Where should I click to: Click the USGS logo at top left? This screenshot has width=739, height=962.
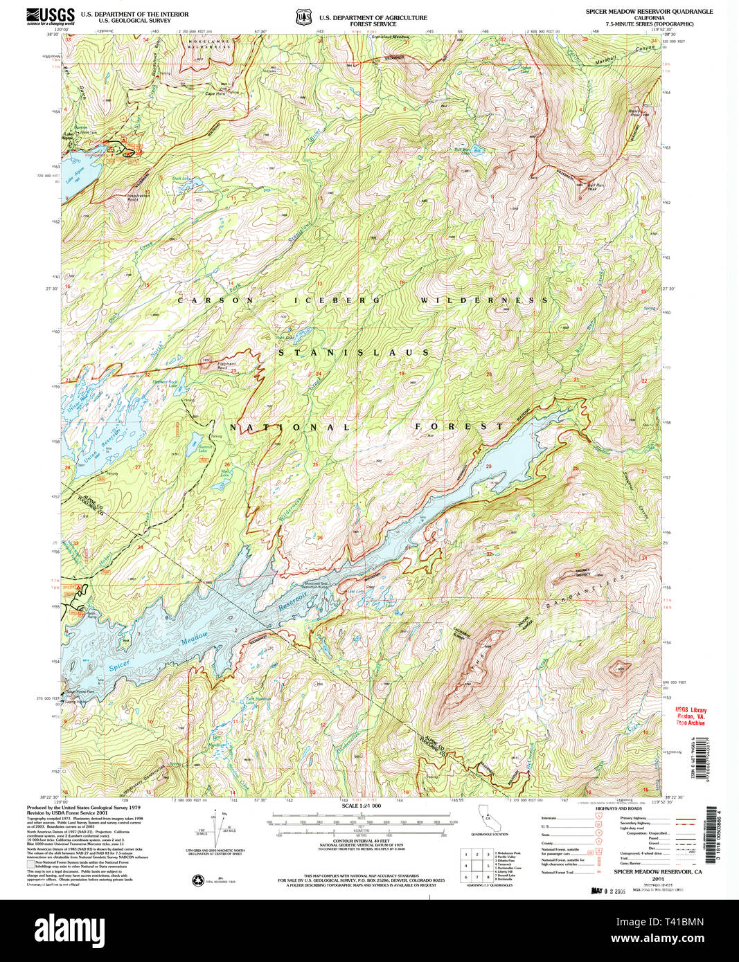point(50,16)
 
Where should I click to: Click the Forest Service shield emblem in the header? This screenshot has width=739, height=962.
point(302,16)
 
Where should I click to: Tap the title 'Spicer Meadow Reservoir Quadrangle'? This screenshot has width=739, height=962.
point(648,12)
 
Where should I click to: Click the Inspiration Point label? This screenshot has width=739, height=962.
point(138,197)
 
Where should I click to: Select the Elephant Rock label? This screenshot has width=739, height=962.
point(226,365)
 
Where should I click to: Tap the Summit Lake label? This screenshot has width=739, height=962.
point(205,448)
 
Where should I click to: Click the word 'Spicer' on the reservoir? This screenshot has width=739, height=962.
point(119,666)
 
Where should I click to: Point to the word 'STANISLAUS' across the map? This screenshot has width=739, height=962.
point(353,352)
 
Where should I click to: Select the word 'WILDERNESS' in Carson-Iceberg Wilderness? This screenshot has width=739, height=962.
point(483,300)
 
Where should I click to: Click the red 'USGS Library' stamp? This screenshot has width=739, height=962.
point(691,716)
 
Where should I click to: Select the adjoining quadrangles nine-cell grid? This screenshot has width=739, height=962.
point(477,866)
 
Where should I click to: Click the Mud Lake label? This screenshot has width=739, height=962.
point(225,473)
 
